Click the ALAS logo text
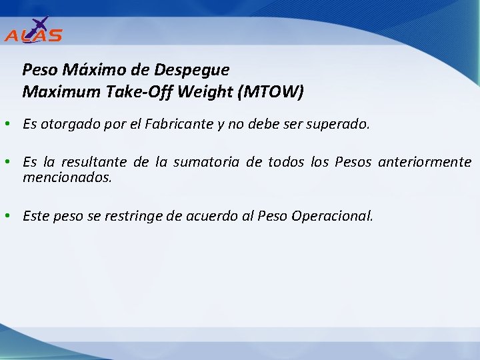pos(33,35)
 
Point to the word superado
pos(341,124)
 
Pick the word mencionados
pos(67,178)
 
